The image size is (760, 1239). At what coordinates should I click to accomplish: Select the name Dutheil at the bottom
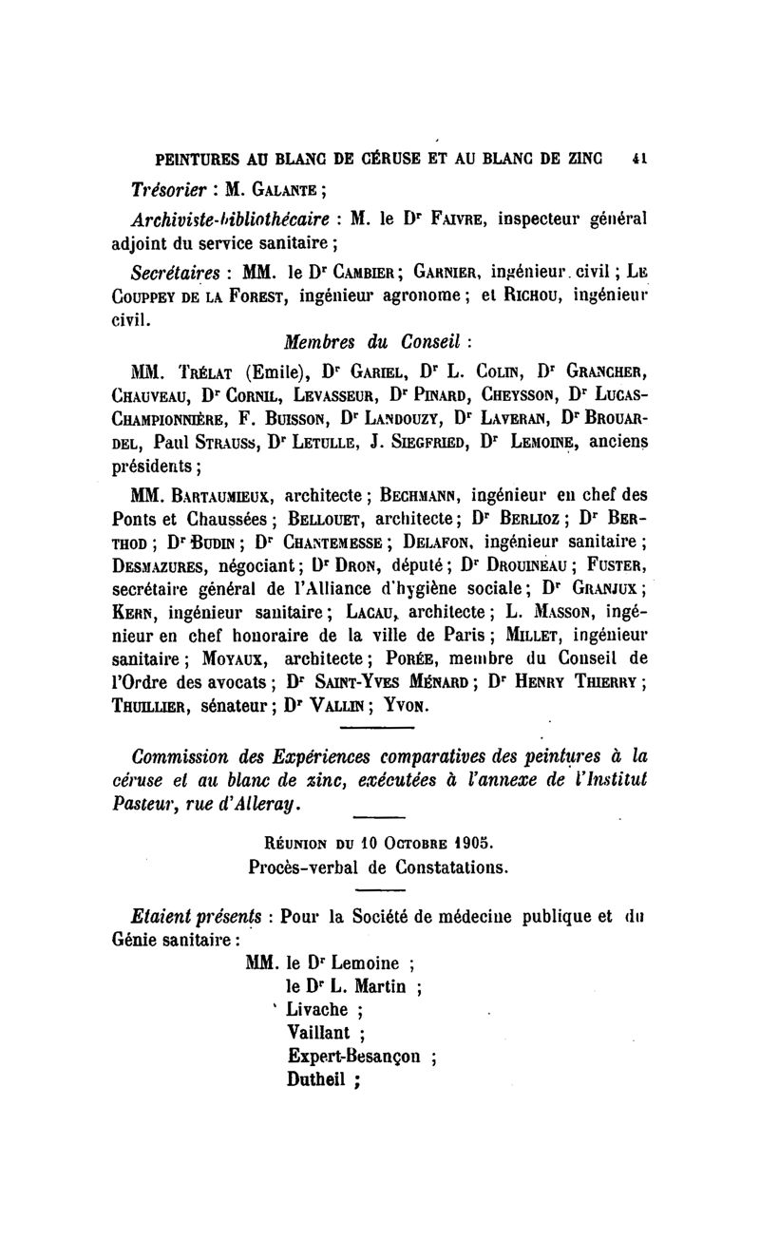317,1078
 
